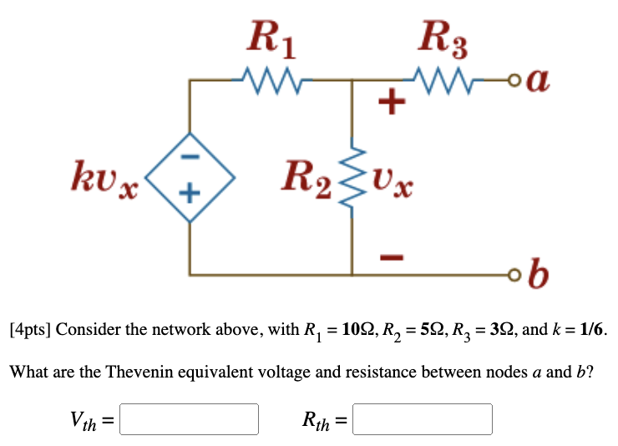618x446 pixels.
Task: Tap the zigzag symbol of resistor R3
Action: coord(441,80)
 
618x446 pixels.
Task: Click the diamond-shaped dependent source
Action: coord(190,176)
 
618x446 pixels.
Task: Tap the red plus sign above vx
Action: coord(390,105)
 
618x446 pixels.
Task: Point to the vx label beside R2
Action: coord(393,179)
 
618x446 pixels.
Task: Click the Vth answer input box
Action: coord(190,419)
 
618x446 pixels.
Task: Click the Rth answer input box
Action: coord(423,419)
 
